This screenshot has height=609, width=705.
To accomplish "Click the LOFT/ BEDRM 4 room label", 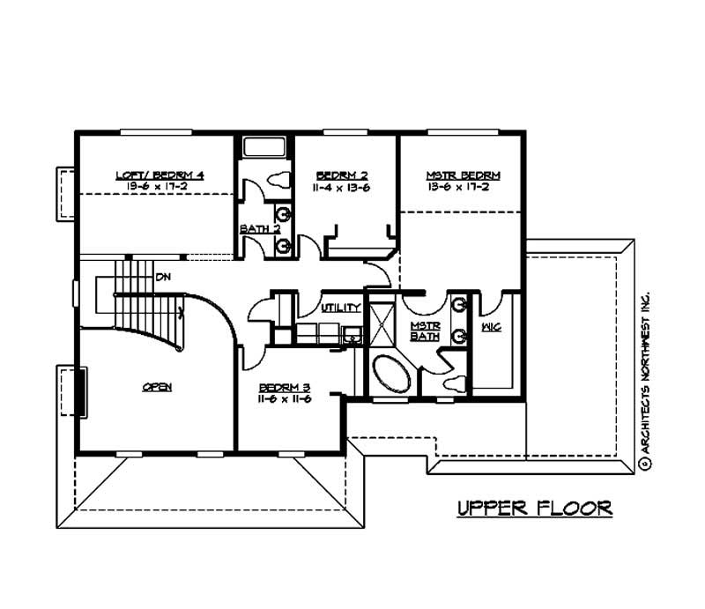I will click(x=160, y=175).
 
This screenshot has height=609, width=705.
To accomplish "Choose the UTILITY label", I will click(x=339, y=308).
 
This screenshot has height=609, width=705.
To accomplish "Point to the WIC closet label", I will click(x=491, y=327).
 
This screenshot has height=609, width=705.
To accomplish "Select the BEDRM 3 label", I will click(x=281, y=388).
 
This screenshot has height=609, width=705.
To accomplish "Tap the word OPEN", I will click(x=156, y=387).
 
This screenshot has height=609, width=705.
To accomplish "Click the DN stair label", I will click(x=162, y=277).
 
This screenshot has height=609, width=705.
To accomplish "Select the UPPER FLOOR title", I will click(x=534, y=509).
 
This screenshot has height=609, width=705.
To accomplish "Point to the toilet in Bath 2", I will click(x=278, y=179).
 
